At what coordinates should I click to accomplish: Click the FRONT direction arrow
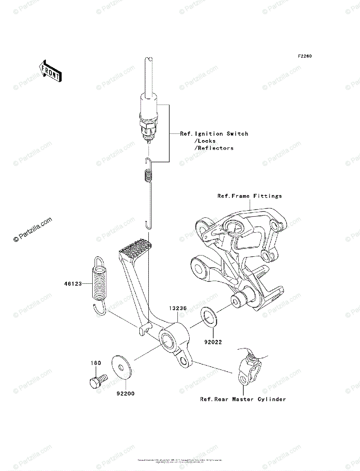49,71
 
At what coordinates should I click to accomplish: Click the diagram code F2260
304,57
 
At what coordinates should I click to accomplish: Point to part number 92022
214,342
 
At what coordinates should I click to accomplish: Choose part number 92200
124,393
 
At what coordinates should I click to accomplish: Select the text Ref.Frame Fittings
249,196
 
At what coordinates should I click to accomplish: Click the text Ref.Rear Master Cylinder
243,399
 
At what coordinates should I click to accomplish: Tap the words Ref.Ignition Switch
214,134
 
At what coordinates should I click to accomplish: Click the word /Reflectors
214,148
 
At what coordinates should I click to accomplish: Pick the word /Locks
205,141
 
